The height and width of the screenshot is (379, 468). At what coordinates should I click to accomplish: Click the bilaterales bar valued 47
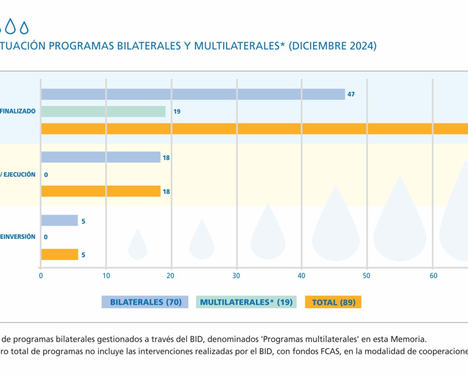(x=193, y=94)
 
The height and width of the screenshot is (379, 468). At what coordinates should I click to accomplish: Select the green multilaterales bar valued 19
(x=103, y=111)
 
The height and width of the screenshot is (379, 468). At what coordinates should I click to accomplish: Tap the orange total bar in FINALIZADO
(x=254, y=129)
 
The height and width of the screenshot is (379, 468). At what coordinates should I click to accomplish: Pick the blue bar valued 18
(x=100, y=157)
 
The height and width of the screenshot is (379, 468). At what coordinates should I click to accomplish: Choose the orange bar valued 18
(x=100, y=191)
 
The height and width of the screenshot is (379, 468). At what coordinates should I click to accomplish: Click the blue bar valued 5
(x=59, y=221)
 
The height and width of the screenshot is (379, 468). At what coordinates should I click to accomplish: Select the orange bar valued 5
(x=59, y=254)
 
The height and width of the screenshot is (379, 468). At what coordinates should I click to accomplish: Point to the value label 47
(x=351, y=94)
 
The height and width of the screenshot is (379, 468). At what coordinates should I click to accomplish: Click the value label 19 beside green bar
(x=177, y=111)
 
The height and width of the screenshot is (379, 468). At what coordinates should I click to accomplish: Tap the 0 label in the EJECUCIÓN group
(x=46, y=175)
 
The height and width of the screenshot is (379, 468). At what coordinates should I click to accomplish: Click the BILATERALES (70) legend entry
(x=145, y=302)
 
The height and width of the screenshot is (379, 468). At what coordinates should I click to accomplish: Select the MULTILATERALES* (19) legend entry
(x=246, y=302)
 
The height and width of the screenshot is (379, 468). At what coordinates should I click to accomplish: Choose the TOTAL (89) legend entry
(x=333, y=302)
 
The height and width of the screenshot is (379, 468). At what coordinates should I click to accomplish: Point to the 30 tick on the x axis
(x=236, y=275)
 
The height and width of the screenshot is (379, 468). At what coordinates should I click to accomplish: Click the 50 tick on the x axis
(x=367, y=275)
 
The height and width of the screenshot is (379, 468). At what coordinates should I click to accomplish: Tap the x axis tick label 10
(x=106, y=275)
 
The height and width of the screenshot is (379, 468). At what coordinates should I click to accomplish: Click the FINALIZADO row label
(x=18, y=111)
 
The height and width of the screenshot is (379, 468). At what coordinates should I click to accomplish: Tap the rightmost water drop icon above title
(x=24, y=26)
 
